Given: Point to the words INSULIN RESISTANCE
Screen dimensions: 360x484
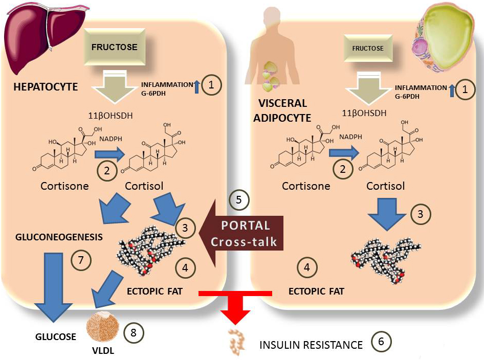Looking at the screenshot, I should (311, 345).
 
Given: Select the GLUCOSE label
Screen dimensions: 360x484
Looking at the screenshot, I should (56, 336).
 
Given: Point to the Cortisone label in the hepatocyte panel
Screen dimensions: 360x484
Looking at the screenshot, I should (64, 186).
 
